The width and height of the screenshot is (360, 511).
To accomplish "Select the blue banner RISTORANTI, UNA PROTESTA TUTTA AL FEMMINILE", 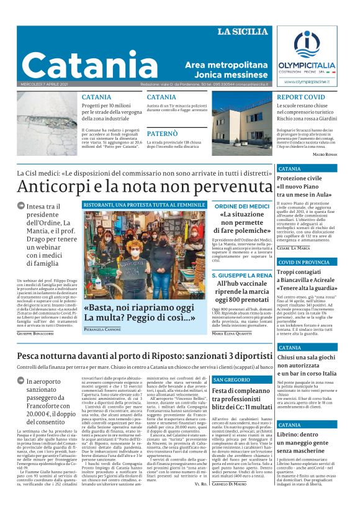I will point(145,205).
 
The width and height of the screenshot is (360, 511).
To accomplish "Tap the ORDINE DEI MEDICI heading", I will point(242,206).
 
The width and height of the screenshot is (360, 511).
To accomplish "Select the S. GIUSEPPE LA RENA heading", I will point(242,274).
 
